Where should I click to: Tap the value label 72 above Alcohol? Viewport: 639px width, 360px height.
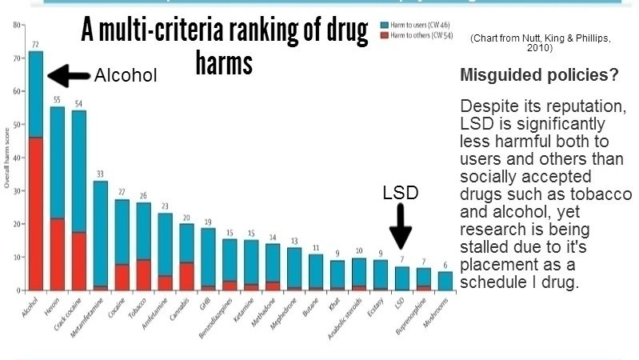(x=36, y=43)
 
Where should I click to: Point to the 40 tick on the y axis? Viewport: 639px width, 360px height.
(x=18, y=158)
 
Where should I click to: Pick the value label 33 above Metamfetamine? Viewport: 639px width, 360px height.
(x=101, y=174)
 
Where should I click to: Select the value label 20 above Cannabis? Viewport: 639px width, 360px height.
(x=187, y=217)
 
